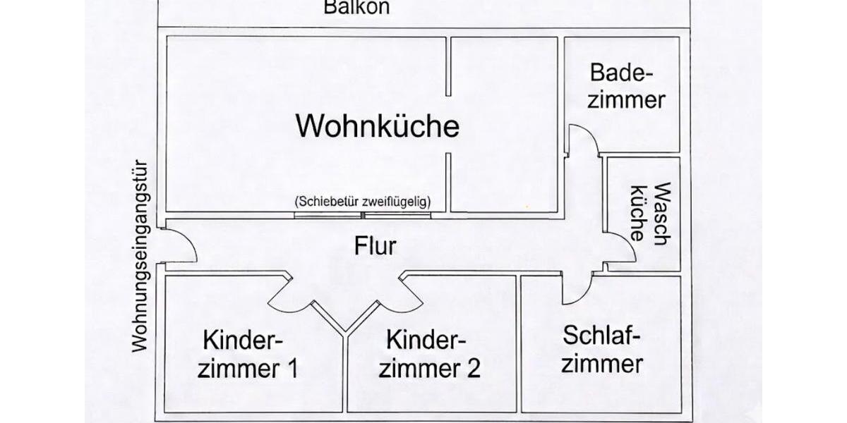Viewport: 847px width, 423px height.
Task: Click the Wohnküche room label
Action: tap(378, 126)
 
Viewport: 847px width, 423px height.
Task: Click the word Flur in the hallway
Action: tap(375, 246)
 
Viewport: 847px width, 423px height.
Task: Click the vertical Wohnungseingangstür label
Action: tap(140, 254)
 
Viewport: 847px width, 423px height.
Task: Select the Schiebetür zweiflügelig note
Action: tap(363, 201)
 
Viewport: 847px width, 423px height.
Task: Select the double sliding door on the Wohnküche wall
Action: tap(363, 214)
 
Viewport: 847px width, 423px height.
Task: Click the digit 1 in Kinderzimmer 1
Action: tap(291, 368)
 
